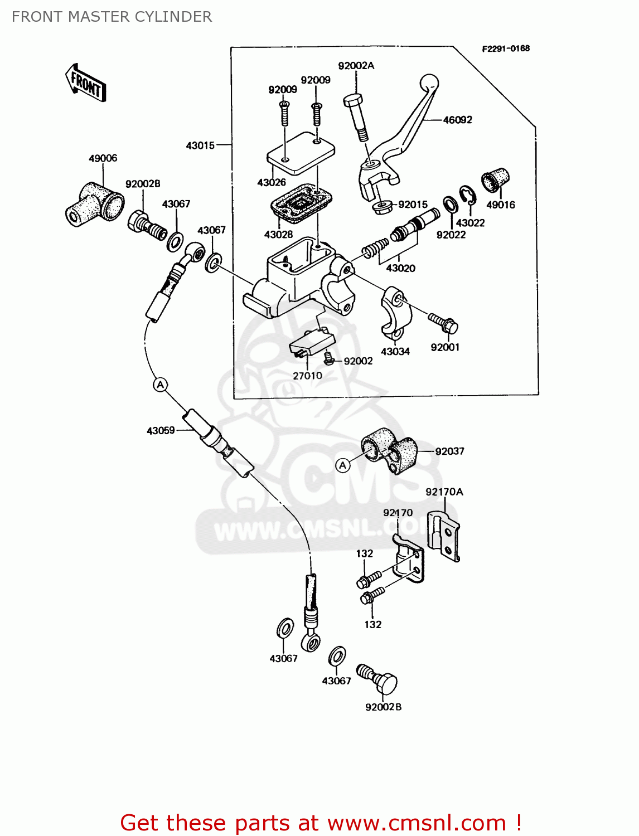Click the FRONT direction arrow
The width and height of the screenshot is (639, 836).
tap(86, 82)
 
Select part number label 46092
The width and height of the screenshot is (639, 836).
tap(457, 120)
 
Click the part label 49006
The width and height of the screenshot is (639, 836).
tap(103, 158)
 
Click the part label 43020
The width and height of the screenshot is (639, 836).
tap(400, 268)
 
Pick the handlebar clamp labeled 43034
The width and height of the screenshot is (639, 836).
tap(396, 312)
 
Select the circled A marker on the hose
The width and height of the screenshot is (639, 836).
tap(161, 385)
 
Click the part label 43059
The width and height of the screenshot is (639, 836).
tap(161, 430)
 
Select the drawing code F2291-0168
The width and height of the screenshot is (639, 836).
tap(506, 48)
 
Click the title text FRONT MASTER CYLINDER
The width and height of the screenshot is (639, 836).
tap(112, 17)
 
